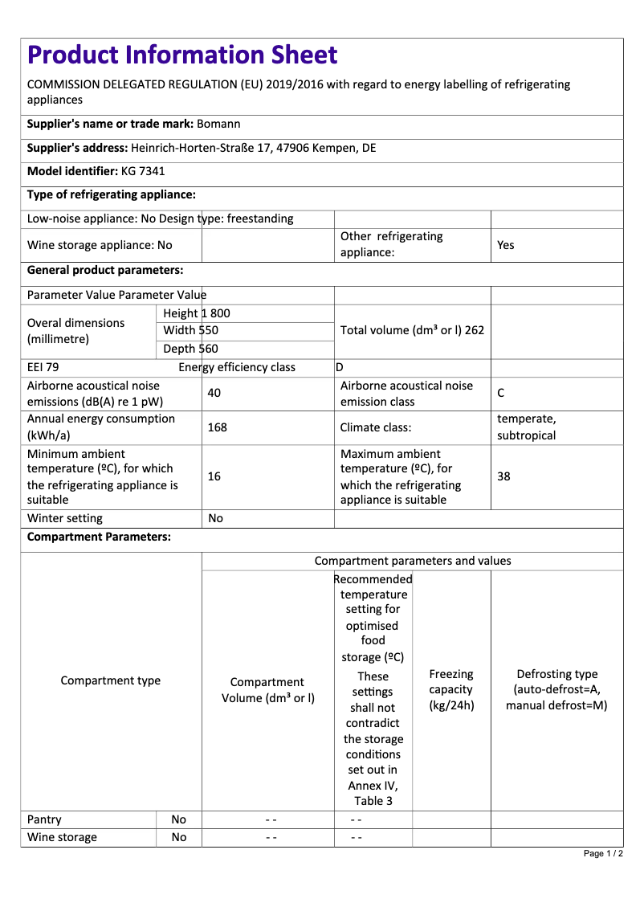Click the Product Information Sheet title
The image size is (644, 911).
182,55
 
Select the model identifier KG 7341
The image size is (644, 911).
143,171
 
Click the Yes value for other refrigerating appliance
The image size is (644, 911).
506,245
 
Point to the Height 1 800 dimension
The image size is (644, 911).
196,313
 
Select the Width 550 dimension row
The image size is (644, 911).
190,330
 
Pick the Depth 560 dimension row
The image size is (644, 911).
190,349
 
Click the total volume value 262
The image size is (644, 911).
474,330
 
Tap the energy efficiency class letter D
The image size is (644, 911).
340,367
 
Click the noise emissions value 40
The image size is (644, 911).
214,393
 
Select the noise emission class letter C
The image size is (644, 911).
501,393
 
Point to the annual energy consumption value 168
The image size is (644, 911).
217,427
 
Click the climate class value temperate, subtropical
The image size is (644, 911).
527,427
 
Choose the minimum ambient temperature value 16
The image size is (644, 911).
214,476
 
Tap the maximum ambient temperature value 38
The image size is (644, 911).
503,476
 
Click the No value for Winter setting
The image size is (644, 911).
215,518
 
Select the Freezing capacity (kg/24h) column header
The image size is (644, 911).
451,690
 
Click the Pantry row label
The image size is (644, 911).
45,819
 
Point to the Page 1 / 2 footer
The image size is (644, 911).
603,853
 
